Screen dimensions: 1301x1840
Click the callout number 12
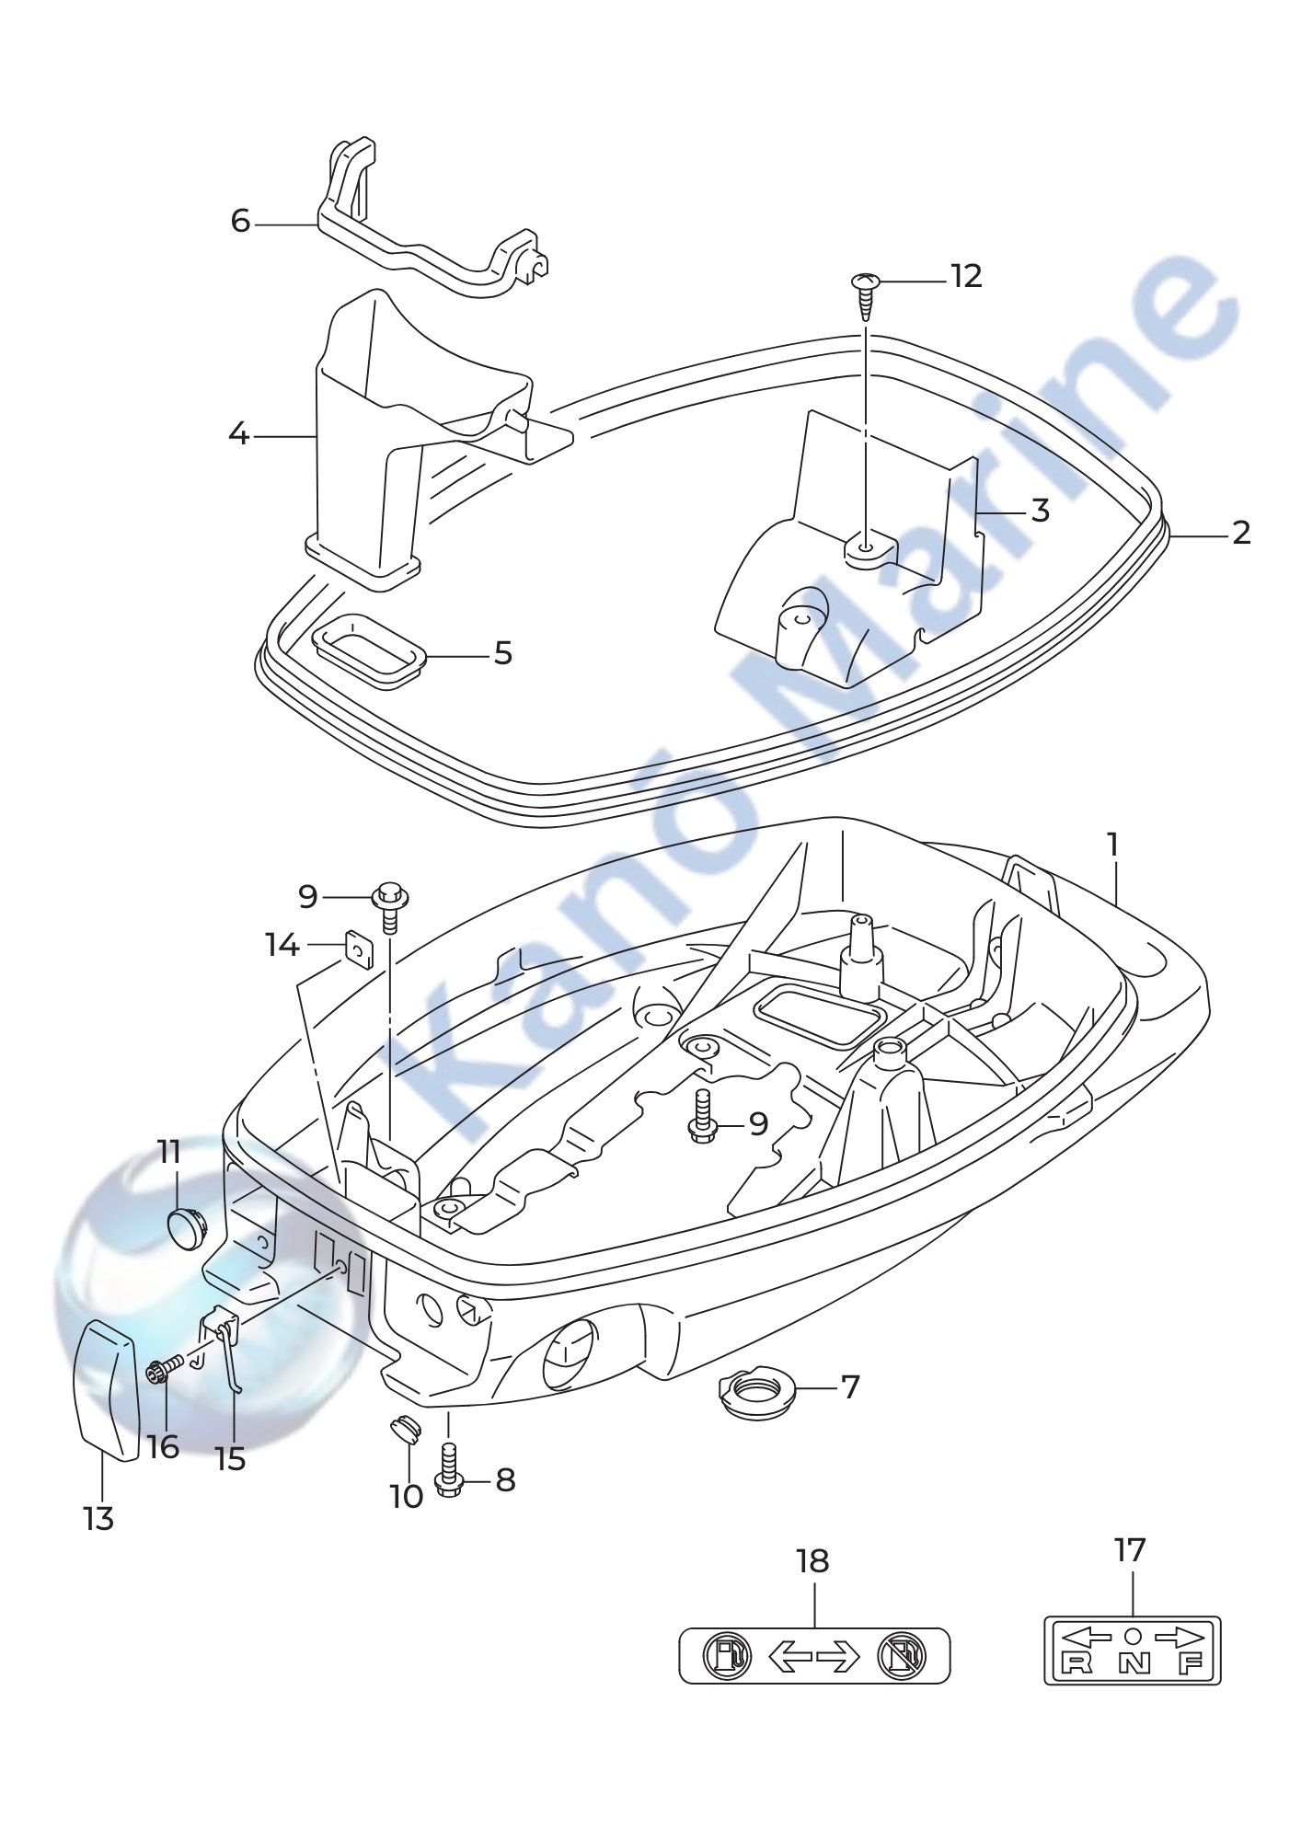click(966, 276)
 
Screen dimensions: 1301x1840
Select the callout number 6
click(240, 221)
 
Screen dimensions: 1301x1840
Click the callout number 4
click(238, 433)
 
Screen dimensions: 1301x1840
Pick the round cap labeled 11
click(188, 1228)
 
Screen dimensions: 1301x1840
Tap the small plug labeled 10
click(401, 1429)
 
